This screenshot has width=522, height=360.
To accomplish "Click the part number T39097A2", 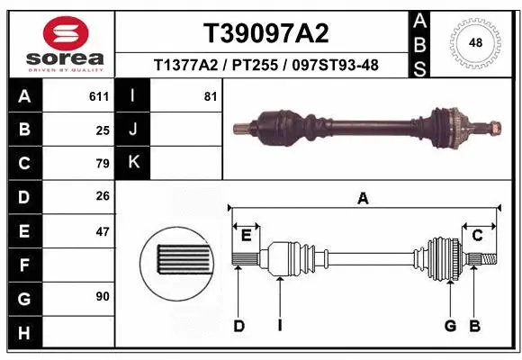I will (x=265, y=33).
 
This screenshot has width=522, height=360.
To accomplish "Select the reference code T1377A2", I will (x=184, y=66).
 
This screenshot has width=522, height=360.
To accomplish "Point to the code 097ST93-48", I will (x=333, y=66).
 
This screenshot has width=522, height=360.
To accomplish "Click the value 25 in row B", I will (x=102, y=130).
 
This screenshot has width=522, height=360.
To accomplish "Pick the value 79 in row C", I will (x=102, y=164).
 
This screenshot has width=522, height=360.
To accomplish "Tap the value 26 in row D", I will (x=102, y=197).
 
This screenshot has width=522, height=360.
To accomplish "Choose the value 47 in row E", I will (x=102, y=231).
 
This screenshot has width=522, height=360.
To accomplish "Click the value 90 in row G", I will (x=102, y=296).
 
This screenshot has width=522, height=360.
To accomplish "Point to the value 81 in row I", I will (x=211, y=96).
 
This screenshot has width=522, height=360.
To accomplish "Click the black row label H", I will (x=23, y=333).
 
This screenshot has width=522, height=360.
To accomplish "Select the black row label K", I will (x=133, y=163).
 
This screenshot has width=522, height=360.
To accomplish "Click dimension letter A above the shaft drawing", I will (x=363, y=199).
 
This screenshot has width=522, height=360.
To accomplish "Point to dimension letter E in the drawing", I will (x=245, y=236).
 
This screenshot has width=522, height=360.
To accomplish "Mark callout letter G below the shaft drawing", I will (x=450, y=326).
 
